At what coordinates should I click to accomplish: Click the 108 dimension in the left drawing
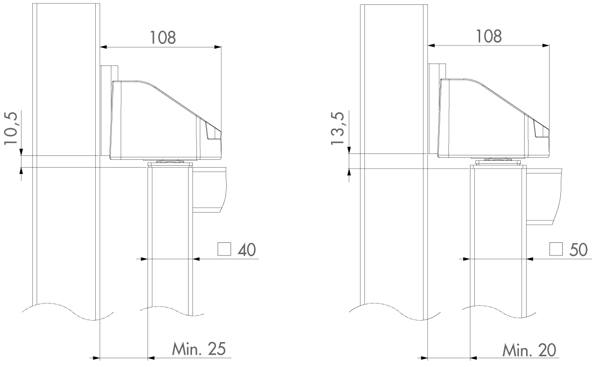click(163, 38)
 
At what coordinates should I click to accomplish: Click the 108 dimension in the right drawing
click(489, 36)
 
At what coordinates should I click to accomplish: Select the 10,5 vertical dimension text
click(11, 129)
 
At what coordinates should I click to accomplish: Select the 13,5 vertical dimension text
click(338, 129)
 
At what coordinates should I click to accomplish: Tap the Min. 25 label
click(199, 349)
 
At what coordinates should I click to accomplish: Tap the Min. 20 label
click(530, 350)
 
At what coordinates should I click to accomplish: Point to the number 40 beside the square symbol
click(247, 250)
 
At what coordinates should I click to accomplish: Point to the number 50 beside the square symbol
click(578, 250)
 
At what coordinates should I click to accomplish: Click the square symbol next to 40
click(224, 249)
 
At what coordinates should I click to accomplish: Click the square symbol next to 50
click(556, 249)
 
